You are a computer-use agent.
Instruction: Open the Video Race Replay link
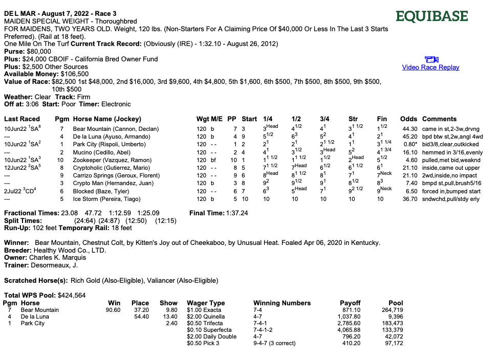tap(430, 67)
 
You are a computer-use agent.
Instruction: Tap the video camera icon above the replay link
tap(431, 59)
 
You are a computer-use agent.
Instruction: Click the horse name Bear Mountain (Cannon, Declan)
tap(116, 129)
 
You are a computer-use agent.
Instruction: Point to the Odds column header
tap(408, 119)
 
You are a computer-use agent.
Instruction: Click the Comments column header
tap(439, 119)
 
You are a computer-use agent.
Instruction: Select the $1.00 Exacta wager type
tap(205, 310)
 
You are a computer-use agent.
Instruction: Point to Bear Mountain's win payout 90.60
tap(113, 310)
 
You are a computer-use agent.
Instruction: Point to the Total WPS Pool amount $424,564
tap(73, 295)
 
